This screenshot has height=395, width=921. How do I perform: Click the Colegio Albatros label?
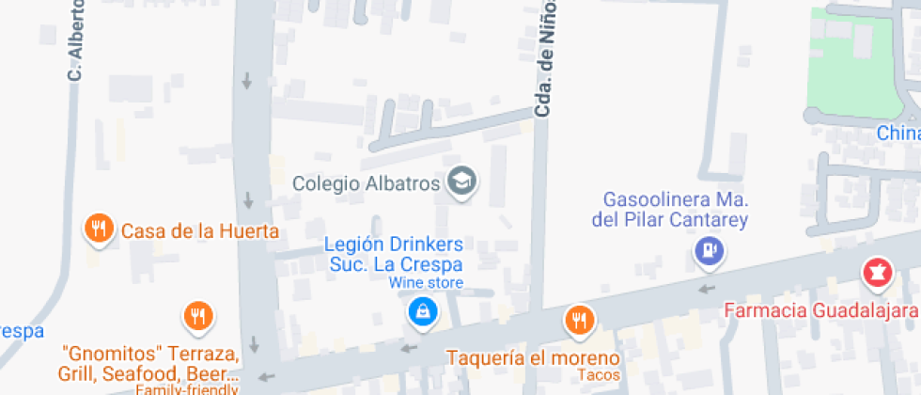coord(366,183)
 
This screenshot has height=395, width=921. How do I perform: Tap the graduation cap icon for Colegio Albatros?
coord(461,182)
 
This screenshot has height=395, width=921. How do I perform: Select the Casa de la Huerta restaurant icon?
coord(99,229)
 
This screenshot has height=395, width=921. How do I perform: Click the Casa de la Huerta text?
coord(200,231)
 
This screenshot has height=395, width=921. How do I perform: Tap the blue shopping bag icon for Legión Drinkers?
coord(423,311)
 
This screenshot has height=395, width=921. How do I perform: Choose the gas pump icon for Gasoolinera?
coord(708,251)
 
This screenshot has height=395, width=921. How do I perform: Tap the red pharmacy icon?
coord(877,274)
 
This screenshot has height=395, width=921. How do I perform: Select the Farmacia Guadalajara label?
coord(820,310)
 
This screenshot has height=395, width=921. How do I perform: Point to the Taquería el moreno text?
coord(533,358)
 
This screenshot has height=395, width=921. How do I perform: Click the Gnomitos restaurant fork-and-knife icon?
coord(198,317)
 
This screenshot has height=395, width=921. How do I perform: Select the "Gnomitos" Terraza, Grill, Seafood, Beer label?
coord(150,367)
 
